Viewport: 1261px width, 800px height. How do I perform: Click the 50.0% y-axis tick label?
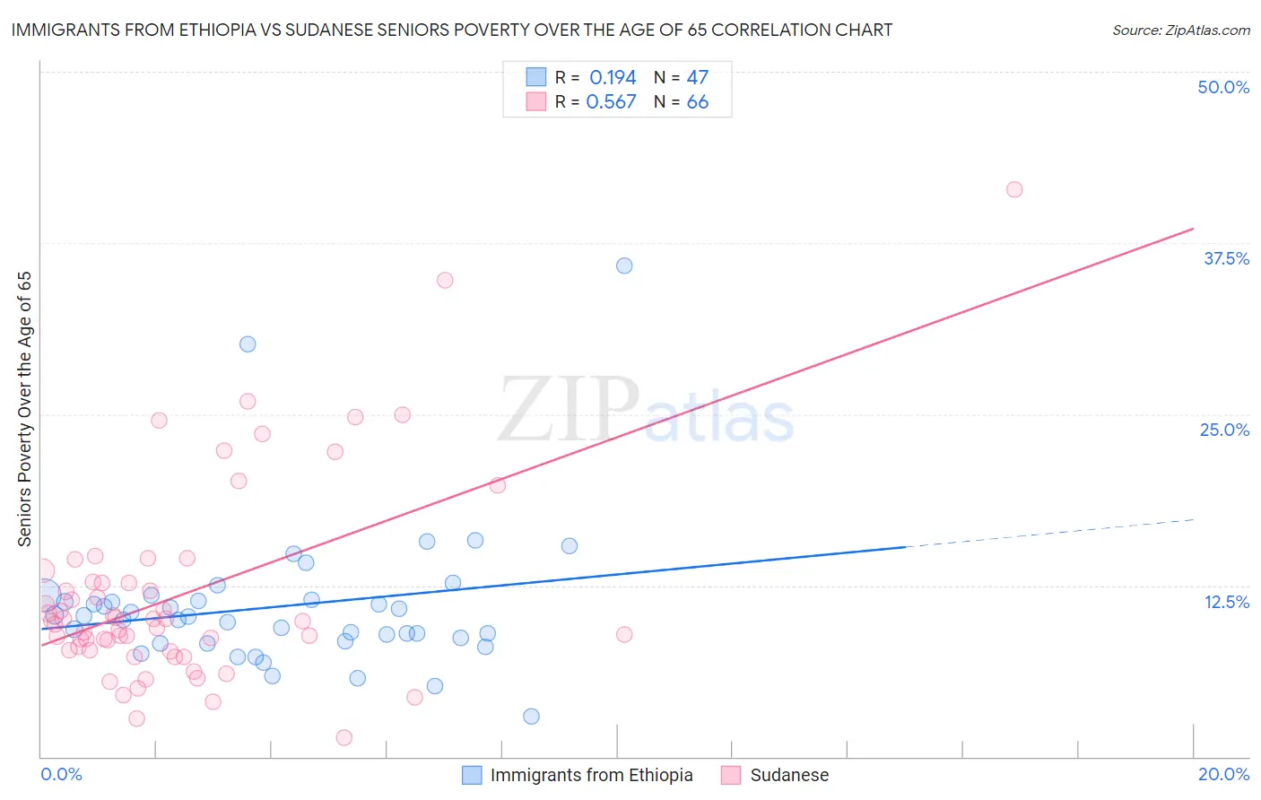click(1223, 87)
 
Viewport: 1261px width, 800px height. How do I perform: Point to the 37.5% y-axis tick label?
click(1226, 258)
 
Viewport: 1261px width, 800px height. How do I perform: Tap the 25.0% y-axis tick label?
click(1224, 430)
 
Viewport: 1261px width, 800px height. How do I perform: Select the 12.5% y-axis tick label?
click(1226, 602)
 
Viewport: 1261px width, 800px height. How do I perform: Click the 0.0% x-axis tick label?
click(61, 774)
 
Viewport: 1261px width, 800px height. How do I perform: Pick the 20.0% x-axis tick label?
click(1223, 774)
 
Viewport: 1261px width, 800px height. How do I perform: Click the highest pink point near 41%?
click(1014, 189)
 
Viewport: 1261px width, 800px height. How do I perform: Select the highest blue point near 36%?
click(624, 265)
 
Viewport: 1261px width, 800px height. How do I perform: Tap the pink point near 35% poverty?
click(445, 280)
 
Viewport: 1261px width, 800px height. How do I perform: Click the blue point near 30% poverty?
click(248, 344)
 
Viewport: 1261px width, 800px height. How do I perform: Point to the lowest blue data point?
click(531, 716)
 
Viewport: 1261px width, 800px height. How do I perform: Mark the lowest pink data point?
click(344, 737)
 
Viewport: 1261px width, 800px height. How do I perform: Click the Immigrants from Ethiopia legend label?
click(591, 775)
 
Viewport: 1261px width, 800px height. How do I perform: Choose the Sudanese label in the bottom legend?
click(789, 775)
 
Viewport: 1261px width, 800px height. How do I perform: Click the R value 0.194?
click(613, 78)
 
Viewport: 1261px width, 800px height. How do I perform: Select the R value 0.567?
click(611, 102)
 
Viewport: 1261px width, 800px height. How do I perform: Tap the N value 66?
click(697, 102)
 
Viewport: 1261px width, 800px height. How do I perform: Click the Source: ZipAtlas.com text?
click(1180, 30)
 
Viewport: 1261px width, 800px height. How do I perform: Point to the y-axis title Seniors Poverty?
click(24, 409)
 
